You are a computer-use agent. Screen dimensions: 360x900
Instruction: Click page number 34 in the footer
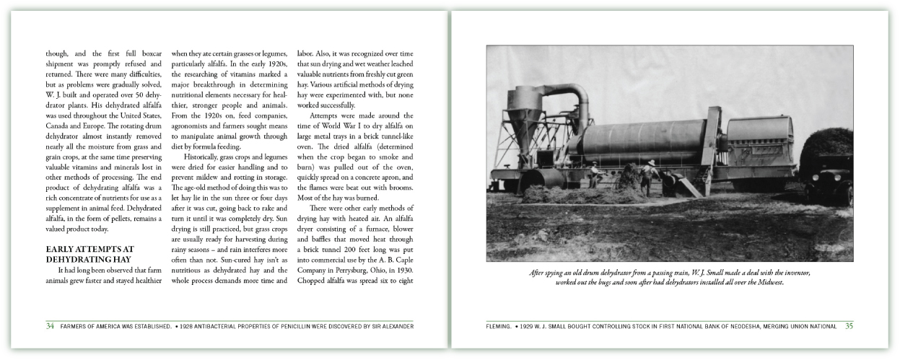(50, 326)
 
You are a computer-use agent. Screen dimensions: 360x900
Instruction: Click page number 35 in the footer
(849, 326)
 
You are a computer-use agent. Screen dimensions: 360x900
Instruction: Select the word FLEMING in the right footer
(499, 327)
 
